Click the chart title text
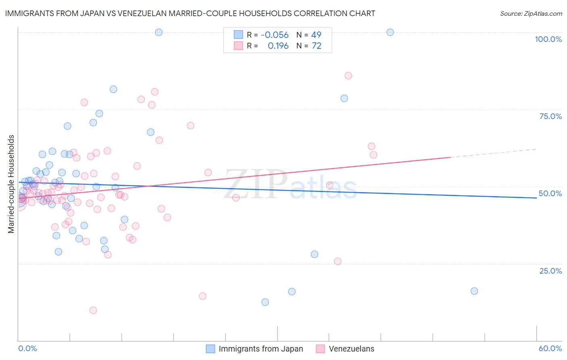pos(190,13)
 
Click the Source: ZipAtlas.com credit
pos(531,13)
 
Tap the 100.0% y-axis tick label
pos(548,39)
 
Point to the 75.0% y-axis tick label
pos(550,116)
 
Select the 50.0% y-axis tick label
pos(550,193)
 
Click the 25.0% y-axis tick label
pos(550,270)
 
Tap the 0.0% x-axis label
pos(27,348)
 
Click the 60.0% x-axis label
pos(550,348)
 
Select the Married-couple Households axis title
pos(11,184)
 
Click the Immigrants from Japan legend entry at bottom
pos(254,349)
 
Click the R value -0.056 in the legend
pos(275,35)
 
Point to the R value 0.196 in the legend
pos(278,46)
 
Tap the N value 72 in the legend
pos(317,46)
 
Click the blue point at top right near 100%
pos(390,32)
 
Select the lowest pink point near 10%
pos(93,310)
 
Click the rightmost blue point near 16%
pos(474,291)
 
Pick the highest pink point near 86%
pos(348,75)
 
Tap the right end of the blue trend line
pos(536,198)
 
